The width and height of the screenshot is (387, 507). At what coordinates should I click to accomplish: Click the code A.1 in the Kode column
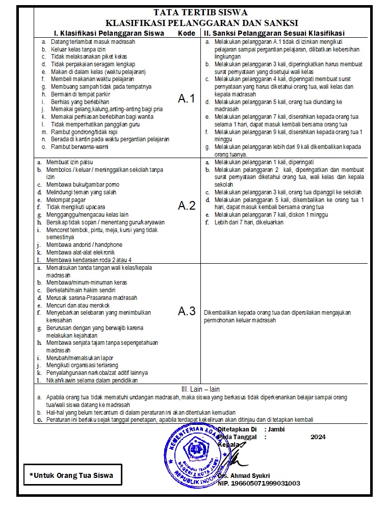pos(187,99)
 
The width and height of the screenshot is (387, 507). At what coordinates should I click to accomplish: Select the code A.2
pos(187,206)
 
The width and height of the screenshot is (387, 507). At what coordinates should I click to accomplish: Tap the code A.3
pos(187,312)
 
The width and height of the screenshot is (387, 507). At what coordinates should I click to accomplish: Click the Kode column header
pos(186,33)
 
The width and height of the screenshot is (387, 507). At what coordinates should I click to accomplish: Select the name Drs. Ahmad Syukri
pos(244,475)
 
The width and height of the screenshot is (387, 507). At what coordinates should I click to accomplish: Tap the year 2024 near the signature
pos(318,437)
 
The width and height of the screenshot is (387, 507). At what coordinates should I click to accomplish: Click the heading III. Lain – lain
pos(201,389)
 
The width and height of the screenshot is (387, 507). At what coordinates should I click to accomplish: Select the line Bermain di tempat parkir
pos(76,94)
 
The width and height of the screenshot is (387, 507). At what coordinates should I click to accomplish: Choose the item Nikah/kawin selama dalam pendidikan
pos(92,379)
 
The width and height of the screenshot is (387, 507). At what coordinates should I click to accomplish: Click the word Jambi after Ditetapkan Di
pos(276,429)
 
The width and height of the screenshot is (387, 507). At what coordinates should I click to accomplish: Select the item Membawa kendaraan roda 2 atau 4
pos(89,260)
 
